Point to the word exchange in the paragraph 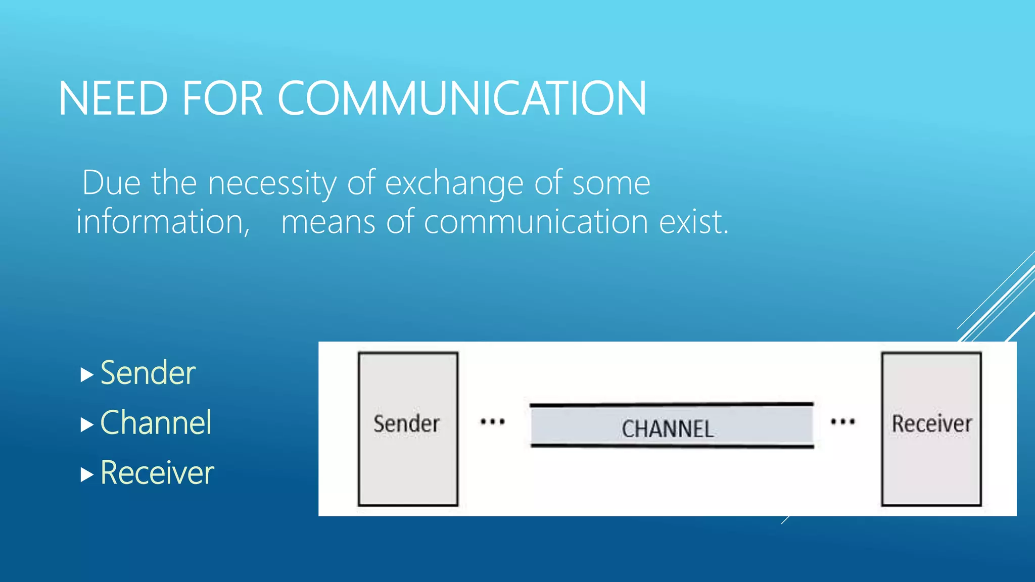click(x=454, y=183)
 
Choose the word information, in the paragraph click(x=163, y=222)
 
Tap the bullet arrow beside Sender click(x=87, y=375)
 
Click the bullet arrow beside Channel click(x=87, y=425)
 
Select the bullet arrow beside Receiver click(x=87, y=475)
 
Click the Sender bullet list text click(x=148, y=373)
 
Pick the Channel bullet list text click(x=156, y=423)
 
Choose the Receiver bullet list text click(x=157, y=473)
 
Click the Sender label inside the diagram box click(x=406, y=424)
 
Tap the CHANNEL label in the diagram click(x=668, y=429)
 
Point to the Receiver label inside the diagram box click(x=931, y=424)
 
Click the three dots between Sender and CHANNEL click(x=492, y=421)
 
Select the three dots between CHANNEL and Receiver click(x=843, y=421)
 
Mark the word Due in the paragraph click(x=111, y=183)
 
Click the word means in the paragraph click(x=328, y=222)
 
